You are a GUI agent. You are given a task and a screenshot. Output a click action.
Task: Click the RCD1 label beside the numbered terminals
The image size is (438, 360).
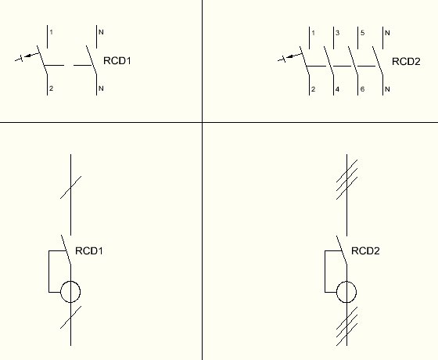tap(117, 61)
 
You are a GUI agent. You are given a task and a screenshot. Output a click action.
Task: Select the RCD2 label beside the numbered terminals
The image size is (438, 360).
tap(406, 62)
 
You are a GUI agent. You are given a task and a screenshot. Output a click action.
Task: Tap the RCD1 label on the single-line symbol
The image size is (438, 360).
tap(89, 250)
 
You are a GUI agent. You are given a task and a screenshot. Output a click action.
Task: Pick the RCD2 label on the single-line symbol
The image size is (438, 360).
tap(365, 250)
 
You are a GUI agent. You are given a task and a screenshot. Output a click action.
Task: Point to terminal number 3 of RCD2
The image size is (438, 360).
tap(337, 33)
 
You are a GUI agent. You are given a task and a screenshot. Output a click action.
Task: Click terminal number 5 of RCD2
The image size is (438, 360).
tap(363, 33)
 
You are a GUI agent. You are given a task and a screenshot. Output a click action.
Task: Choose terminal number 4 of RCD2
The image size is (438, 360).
tap(337, 89)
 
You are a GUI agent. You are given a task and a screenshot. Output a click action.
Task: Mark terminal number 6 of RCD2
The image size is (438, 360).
tap(363, 89)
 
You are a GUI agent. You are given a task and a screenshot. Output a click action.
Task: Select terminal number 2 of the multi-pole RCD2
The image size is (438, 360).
tap(313, 89)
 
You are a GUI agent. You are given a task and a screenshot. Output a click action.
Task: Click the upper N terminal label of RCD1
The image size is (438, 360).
tap(101, 32)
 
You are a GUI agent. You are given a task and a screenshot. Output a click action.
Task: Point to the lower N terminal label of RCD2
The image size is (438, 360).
tap(387, 89)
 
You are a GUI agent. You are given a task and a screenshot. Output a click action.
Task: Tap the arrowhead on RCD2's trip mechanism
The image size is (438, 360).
tap(290, 56)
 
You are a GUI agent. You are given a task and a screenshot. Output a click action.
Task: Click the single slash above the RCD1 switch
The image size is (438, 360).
tap(70, 187)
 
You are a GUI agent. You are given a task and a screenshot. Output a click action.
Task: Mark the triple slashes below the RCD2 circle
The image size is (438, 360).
tap(346, 326)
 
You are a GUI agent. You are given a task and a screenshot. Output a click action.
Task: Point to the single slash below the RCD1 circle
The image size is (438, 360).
tap(70, 317)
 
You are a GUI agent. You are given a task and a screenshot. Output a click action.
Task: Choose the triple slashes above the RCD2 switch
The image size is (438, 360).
tap(346, 179)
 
